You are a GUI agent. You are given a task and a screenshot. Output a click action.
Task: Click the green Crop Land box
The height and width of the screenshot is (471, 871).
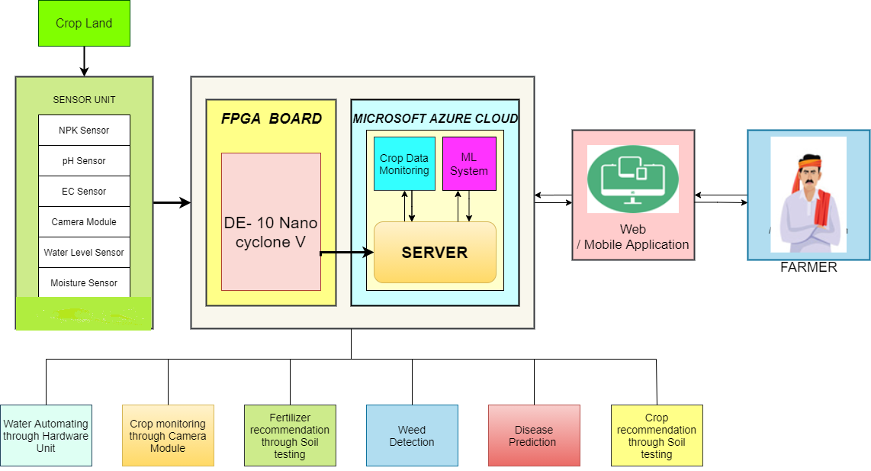[x=84, y=23]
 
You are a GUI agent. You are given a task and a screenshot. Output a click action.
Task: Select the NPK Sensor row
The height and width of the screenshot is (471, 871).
[x=84, y=131]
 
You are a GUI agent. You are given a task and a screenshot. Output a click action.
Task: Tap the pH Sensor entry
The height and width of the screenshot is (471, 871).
[x=84, y=161]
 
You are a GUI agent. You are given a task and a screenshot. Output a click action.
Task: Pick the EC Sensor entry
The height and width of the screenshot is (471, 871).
[x=84, y=192]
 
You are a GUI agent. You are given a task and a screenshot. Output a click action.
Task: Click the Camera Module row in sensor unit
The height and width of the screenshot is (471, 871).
[x=84, y=222]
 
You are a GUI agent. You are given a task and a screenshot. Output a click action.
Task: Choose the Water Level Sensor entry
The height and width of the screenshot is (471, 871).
[x=84, y=253]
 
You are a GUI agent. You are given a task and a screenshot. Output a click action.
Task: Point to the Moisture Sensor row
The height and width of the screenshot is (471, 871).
[x=84, y=283]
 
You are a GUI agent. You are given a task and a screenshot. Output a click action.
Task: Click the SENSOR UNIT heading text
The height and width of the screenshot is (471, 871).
[x=84, y=100]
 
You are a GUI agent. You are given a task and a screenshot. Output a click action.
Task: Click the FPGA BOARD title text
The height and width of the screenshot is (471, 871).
[x=271, y=119]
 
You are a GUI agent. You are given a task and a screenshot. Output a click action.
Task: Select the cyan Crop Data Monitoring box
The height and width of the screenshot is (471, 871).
[x=404, y=164]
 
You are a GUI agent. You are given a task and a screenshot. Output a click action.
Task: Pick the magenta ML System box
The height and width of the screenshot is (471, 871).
[x=469, y=164]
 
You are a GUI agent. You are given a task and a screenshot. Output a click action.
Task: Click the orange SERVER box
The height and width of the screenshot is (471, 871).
[x=435, y=253]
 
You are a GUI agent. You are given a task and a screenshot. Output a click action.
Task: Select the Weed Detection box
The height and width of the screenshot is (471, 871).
[x=412, y=436]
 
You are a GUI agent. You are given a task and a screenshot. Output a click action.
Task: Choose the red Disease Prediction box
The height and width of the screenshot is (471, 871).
[x=534, y=436]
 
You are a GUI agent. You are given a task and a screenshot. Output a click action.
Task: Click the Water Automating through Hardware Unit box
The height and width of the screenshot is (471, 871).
[x=46, y=436]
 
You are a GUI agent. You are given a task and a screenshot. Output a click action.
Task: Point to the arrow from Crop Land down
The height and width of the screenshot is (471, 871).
[x=84, y=60]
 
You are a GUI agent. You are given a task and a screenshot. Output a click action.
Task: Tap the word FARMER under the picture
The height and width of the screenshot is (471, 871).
[x=808, y=268]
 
